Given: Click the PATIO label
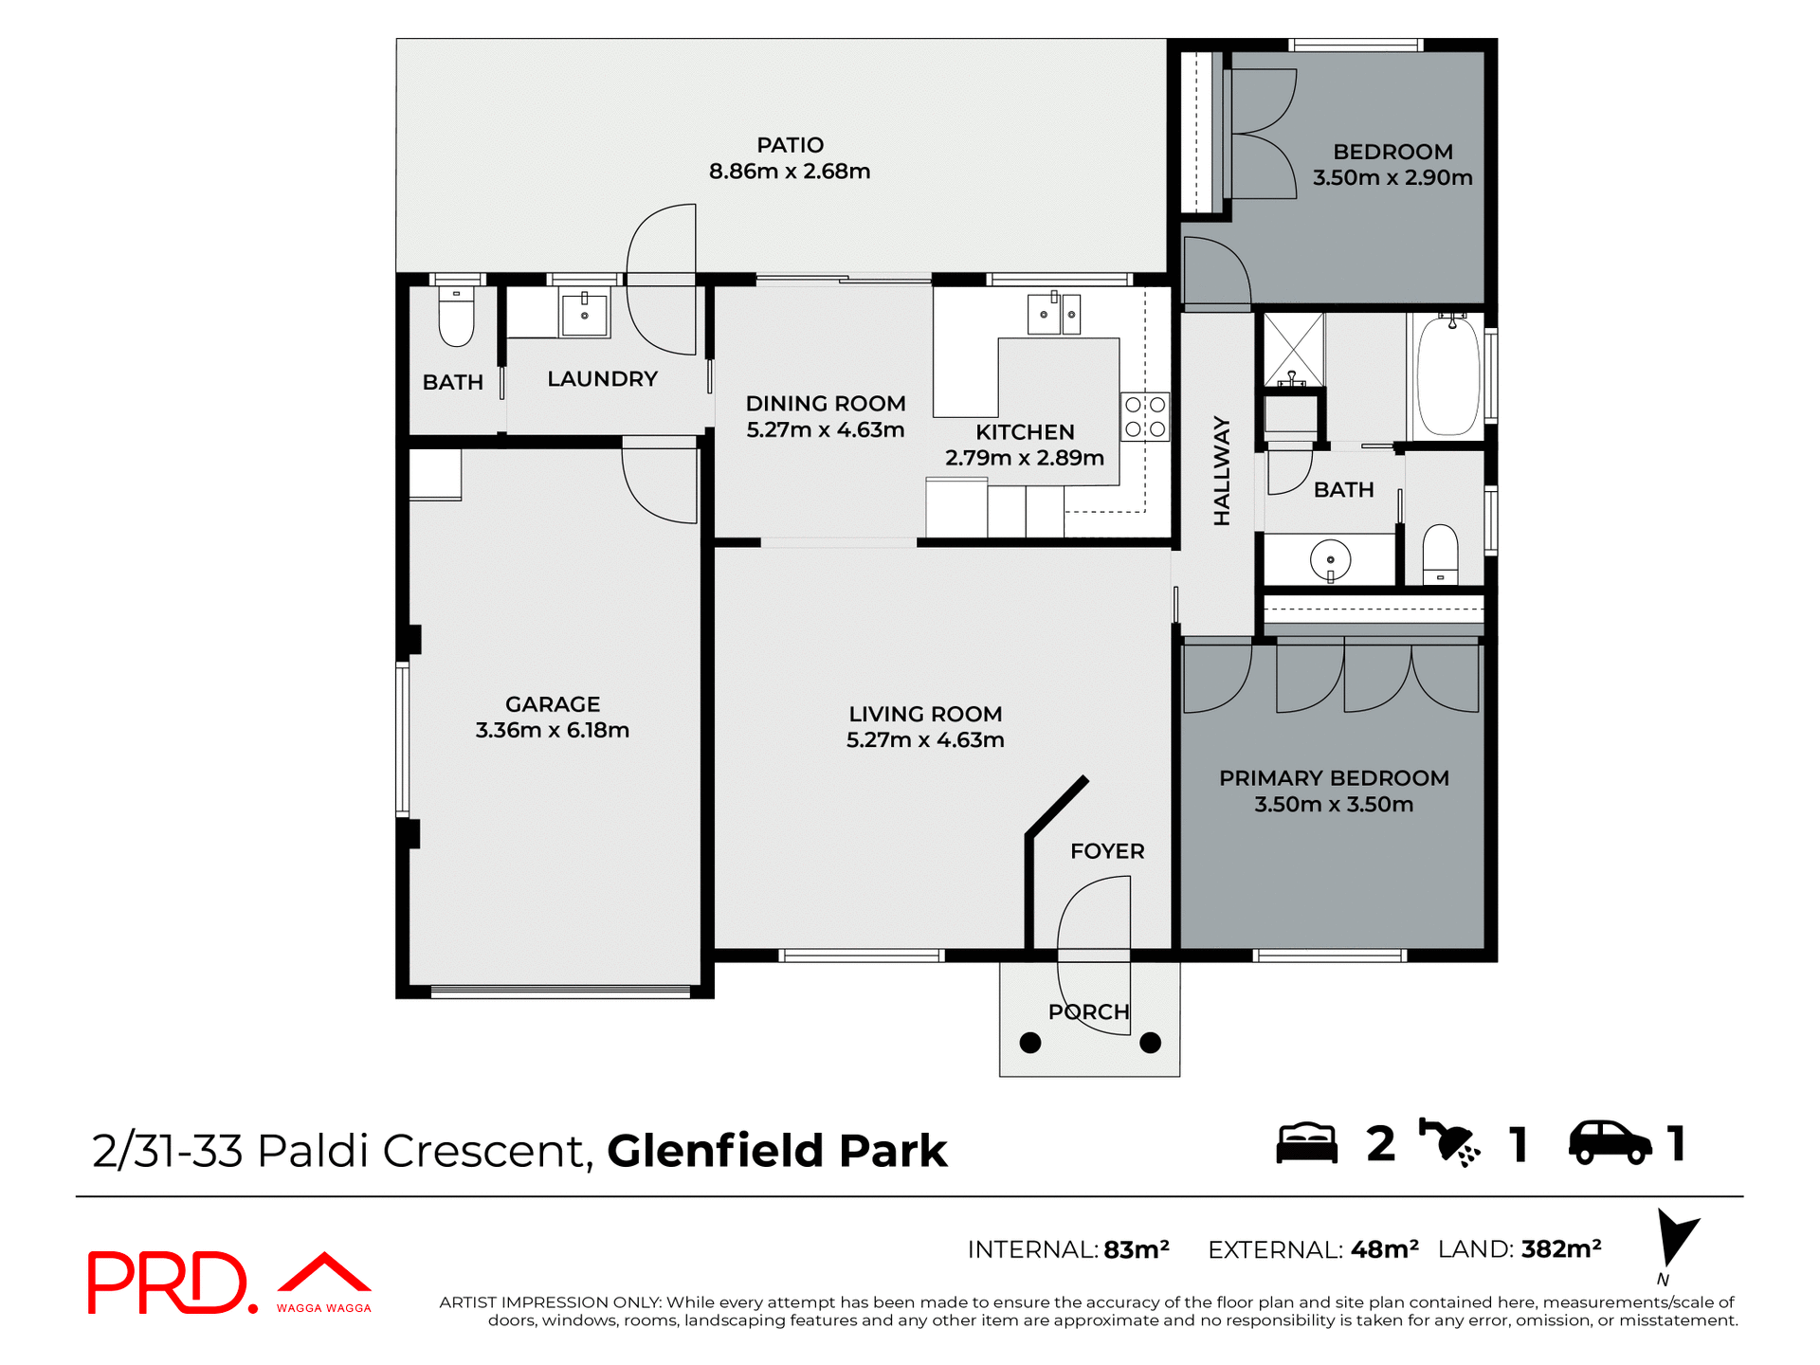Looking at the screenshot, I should tap(790, 145).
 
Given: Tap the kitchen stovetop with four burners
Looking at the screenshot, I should tap(1144, 417).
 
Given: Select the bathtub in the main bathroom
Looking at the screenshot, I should tap(1447, 376).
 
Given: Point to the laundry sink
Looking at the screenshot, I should tap(584, 312).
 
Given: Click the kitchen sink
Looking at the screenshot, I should tap(1045, 314).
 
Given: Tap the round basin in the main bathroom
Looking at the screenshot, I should tap(1330, 560).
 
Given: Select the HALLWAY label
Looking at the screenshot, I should tap(1222, 471).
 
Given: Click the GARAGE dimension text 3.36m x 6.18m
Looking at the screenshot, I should tap(552, 730).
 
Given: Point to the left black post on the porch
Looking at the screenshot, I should tap(1030, 1043).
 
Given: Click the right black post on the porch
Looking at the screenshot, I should tap(1150, 1043).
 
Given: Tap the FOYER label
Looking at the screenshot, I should tap(1107, 851).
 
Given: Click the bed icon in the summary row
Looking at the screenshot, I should tap(1306, 1143).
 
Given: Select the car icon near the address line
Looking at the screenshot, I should tap(1610, 1142).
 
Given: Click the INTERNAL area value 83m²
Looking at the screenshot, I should tap(1136, 1249).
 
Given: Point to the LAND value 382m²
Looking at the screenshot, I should tap(1560, 1248).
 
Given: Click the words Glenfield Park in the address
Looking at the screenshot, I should tap(776, 1151).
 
